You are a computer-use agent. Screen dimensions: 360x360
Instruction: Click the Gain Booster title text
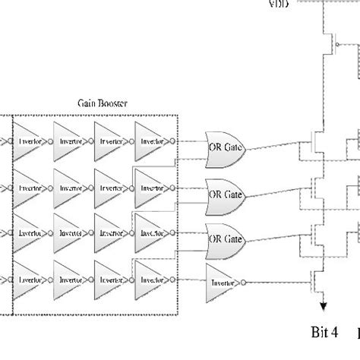[103, 102]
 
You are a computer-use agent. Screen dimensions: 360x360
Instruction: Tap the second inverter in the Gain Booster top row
[71, 140]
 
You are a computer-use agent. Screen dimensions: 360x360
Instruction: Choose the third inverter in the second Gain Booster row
[111, 186]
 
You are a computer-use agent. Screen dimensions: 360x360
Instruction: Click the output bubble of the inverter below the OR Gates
[247, 281]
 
